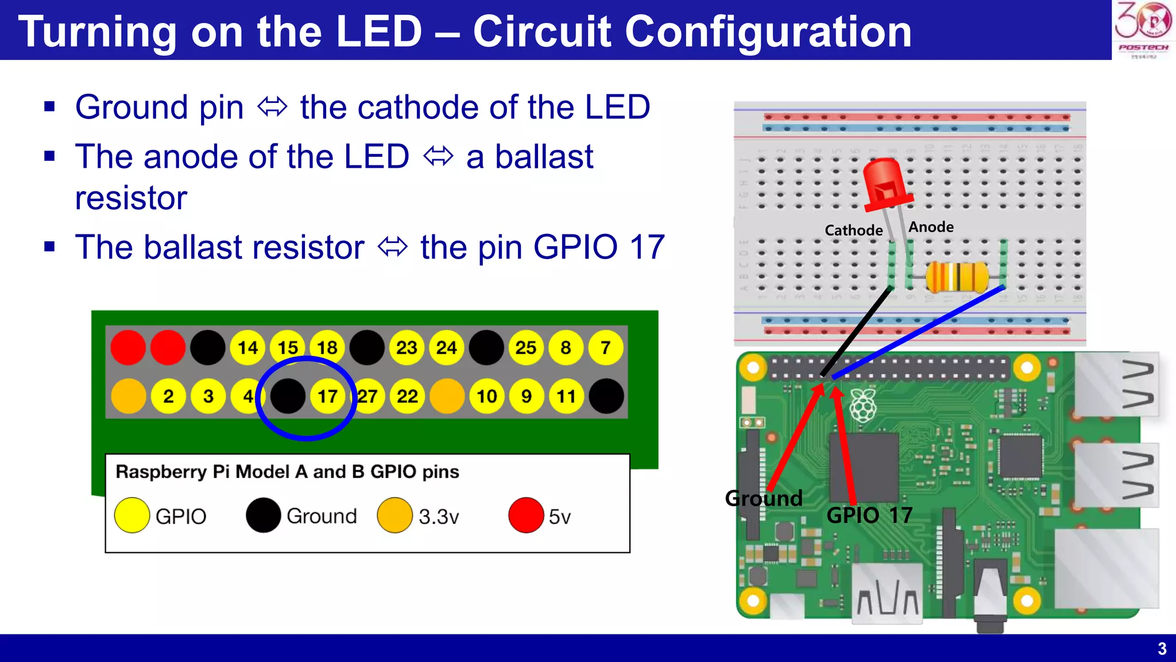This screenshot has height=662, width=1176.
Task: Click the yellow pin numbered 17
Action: (x=327, y=396)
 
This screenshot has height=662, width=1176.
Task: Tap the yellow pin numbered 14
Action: (x=247, y=348)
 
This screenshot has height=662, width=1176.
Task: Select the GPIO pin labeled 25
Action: (x=525, y=348)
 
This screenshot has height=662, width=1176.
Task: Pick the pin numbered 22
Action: (x=407, y=396)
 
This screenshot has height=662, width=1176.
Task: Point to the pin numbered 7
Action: (x=605, y=348)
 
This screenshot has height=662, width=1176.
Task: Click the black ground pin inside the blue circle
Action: (x=287, y=396)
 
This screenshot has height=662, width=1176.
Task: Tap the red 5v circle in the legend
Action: (x=525, y=515)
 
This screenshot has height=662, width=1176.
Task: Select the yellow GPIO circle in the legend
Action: (x=132, y=515)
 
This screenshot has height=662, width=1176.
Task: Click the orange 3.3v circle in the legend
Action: (x=394, y=515)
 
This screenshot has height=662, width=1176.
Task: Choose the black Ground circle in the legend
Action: (x=263, y=515)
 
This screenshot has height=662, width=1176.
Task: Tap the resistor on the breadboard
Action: (x=957, y=276)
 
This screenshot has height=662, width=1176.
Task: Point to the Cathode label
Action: (x=853, y=230)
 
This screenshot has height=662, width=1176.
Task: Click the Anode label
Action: (x=931, y=227)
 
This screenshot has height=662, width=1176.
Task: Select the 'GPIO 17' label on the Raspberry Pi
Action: (x=869, y=515)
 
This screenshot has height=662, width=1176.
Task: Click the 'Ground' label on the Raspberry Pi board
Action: (x=764, y=498)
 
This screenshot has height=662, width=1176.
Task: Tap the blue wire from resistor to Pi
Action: (x=919, y=332)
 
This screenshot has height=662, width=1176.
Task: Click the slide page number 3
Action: (x=1162, y=649)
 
